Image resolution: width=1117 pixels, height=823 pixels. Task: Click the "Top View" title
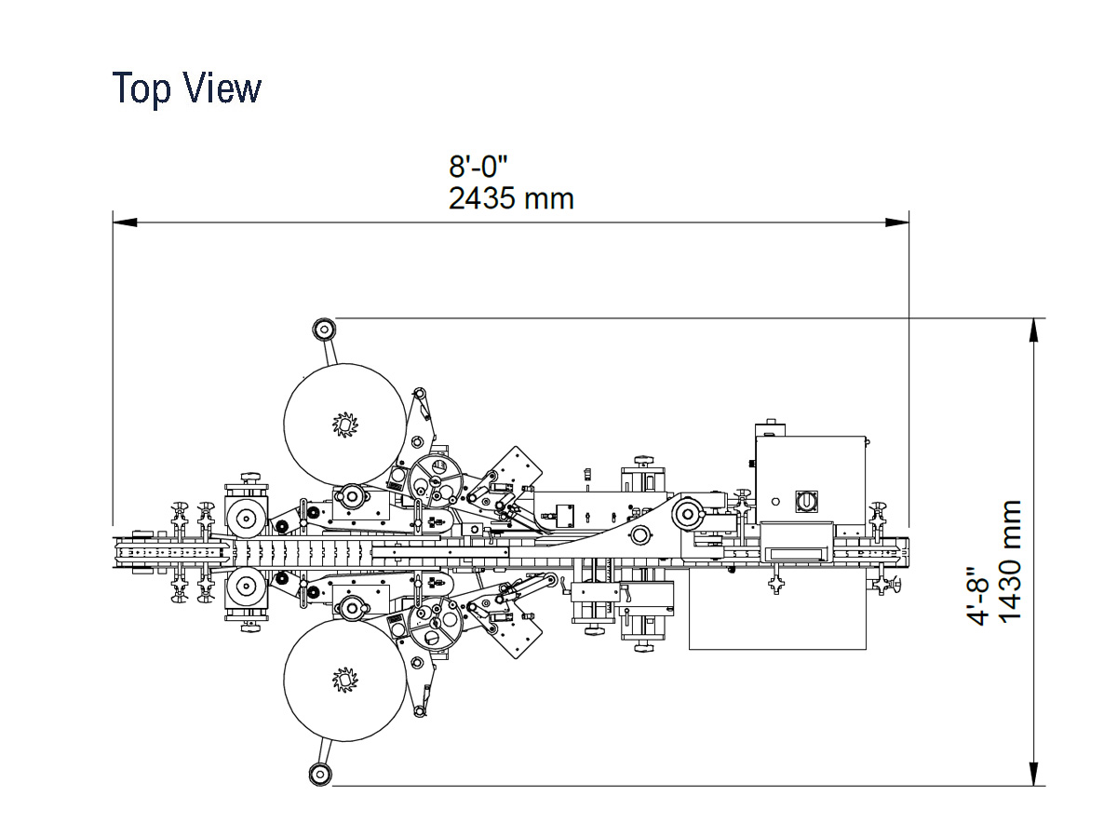(187, 88)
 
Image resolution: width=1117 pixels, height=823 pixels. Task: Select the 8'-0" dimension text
(478, 168)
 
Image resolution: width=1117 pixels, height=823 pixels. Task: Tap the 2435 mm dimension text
(511, 198)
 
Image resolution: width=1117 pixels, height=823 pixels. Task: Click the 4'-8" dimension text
(978, 596)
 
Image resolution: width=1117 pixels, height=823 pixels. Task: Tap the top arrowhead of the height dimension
(1033, 330)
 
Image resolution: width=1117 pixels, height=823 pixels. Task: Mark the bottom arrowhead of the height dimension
(1033, 774)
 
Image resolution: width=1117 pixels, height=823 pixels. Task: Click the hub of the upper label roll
(345, 425)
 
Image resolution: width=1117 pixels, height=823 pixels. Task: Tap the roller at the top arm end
(323, 329)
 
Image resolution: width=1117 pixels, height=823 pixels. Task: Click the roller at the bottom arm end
(321, 774)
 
